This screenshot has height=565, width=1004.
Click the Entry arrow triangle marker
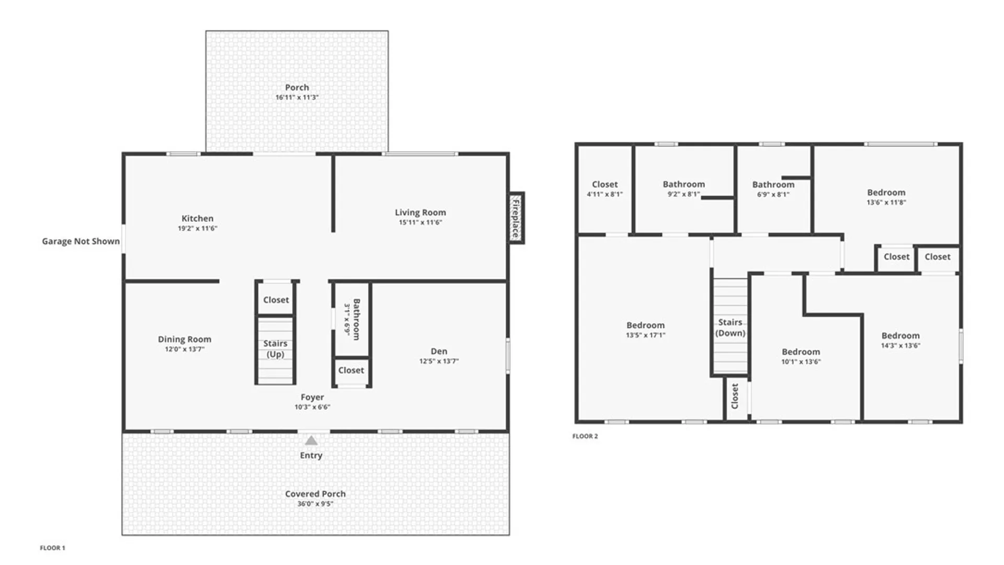point(311,440)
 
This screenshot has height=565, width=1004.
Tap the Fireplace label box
point(517,218)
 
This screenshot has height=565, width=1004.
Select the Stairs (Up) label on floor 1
point(276,348)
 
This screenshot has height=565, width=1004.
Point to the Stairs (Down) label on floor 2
point(730,327)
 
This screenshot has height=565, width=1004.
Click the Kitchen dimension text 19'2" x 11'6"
point(197,229)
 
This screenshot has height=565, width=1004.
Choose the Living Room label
point(420,212)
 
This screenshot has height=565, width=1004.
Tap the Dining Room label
point(185,339)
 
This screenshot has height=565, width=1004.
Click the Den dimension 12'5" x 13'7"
point(439,361)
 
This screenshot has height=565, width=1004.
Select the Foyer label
point(312,397)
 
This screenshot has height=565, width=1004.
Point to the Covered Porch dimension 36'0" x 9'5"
point(315,504)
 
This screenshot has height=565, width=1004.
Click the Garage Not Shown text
point(81,241)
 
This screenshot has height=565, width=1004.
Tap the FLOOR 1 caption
point(52,548)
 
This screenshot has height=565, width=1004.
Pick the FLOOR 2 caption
point(585,436)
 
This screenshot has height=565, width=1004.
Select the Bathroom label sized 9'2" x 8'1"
point(683,184)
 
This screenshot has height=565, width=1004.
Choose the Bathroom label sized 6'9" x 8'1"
point(773,184)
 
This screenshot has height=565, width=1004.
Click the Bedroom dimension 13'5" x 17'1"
point(645,335)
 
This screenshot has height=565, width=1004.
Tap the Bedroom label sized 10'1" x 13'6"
point(801,352)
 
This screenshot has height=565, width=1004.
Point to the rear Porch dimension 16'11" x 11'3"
point(297,97)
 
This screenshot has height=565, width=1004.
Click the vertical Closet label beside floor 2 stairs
point(735,396)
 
